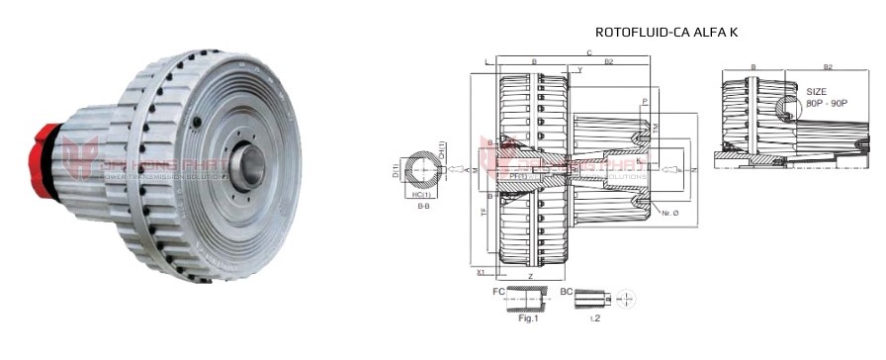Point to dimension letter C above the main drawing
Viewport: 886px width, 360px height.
coord(589,52)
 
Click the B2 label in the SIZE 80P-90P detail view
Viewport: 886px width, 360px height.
coord(828,68)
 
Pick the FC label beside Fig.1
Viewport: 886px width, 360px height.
coord(497,294)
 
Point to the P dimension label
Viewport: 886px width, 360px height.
coord(645,102)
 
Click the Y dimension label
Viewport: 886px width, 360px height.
coord(579,70)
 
